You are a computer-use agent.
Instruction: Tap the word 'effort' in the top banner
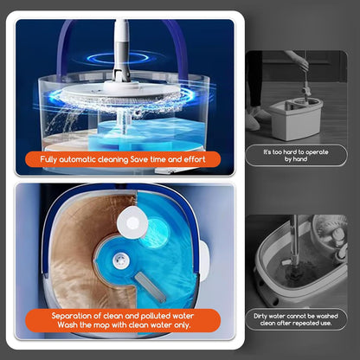click(195, 159)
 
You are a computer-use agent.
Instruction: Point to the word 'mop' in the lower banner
click(101, 325)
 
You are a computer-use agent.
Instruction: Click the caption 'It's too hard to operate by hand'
click(296, 155)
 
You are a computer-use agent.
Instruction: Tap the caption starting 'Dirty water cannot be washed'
click(296, 319)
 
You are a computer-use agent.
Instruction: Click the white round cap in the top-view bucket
click(132, 222)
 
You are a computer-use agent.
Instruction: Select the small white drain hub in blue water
click(120, 260)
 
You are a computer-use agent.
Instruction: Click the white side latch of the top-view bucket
click(203, 261)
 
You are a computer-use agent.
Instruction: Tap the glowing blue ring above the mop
click(118, 58)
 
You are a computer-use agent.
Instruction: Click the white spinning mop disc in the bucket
click(124, 92)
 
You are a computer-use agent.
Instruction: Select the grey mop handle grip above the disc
click(119, 58)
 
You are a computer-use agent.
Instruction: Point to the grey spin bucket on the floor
click(296, 119)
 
